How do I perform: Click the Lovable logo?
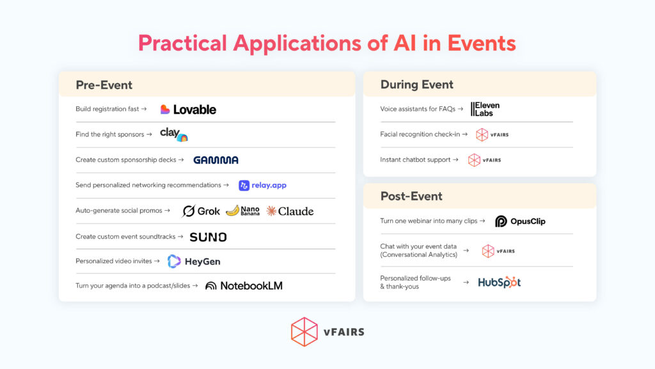(x=188, y=110)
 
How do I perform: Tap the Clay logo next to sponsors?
(x=173, y=135)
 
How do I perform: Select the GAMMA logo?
(x=216, y=160)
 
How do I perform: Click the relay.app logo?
(x=262, y=185)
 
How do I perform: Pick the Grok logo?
(x=201, y=211)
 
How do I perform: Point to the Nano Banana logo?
(x=242, y=211)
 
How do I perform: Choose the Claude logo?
(x=290, y=211)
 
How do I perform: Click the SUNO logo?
(x=208, y=237)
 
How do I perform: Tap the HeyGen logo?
(x=194, y=261)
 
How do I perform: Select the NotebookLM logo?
(x=244, y=286)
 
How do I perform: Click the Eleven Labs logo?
(x=485, y=109)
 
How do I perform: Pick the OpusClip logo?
(x=520, y=221)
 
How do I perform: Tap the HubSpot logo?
(x=500, y=282)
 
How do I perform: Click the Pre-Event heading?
(x=104, y=85)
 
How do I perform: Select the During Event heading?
(x=416, y=85)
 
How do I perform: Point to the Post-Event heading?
(x=411, y=196)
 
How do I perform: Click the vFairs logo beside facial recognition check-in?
(x=492, y=135)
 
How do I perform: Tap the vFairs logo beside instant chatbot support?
(x=484, y=160)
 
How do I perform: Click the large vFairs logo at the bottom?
(x=327, y=332)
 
